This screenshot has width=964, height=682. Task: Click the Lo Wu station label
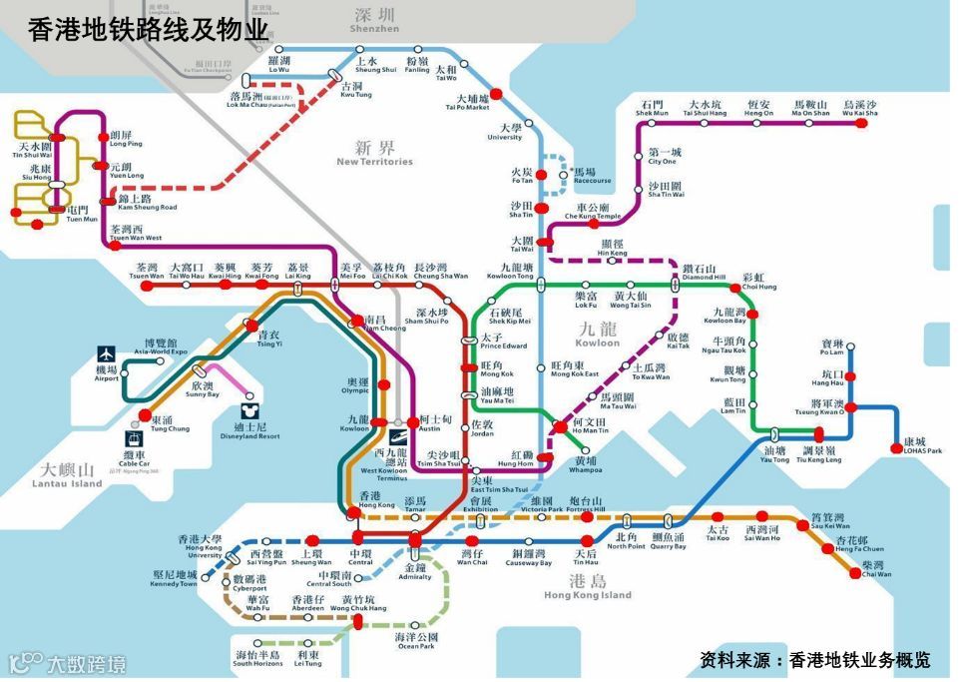[x=278, y=65]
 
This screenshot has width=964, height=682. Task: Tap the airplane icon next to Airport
[x=107, y=354]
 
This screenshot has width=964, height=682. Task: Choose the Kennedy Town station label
[x=175, y=579]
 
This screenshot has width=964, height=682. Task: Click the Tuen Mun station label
[x=77, y=214]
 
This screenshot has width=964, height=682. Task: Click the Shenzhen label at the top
[x=374, y=20]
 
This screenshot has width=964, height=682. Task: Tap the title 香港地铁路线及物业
[x=148, y=30]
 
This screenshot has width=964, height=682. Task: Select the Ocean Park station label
[x=415, y=641]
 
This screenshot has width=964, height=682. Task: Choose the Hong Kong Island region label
[x=588, y=588]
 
